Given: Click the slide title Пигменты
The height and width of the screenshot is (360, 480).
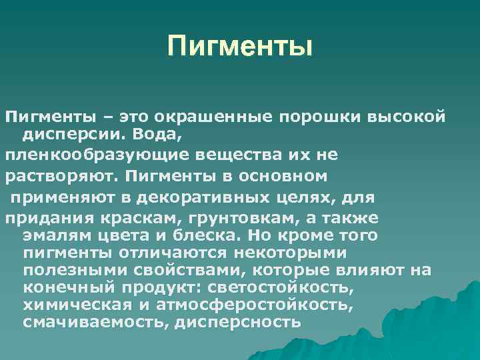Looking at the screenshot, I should pyautogui.click(x=240, y=47).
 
